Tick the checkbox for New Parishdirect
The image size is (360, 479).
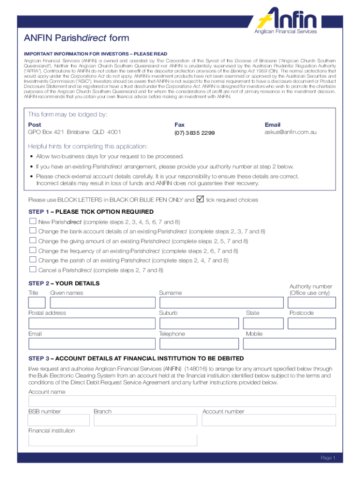click(x=33, y=221)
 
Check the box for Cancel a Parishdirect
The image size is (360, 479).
click(x=33, y=269)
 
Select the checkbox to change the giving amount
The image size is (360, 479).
click(x=33, y=240)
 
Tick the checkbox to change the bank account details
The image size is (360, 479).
click(x=33, y=231)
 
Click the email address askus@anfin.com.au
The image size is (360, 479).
click(x=290, y=132)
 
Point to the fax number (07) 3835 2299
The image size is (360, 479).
click(x=194, y=133)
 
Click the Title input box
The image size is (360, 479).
click(x=37, y=303)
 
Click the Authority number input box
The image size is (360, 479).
click(x=312, y=303)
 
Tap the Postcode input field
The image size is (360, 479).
click(x=312, y=323)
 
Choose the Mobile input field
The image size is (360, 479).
click(x=290, y=344)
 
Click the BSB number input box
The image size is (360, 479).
click(x=59, y=420)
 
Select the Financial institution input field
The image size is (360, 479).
click(x=113, y=440)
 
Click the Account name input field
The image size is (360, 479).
click(x=182, y=401)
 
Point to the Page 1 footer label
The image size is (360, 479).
click(x=328, y=458)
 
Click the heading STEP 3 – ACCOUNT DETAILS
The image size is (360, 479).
click(x=136, y=358)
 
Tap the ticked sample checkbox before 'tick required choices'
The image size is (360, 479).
click(x=200, y=200)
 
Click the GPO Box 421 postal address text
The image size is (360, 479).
click(x=74, y=132)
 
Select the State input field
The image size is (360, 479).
click(x=264, y=323)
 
